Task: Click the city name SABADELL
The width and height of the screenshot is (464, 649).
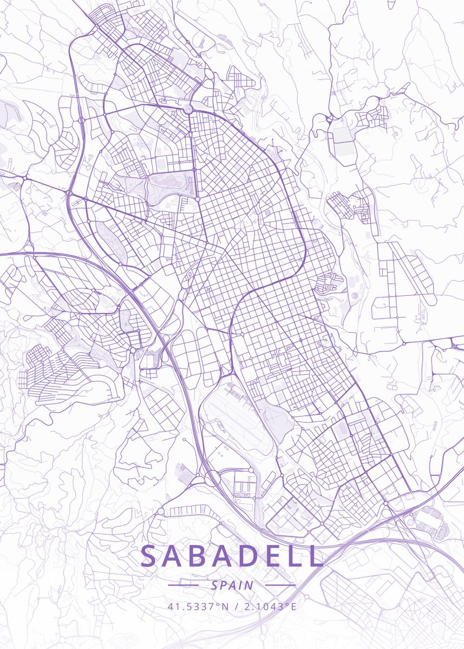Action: click(x=232, y=556)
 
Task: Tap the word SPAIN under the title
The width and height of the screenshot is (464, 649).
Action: click(x=232, y=585)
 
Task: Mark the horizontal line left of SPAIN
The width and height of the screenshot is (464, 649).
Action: click(x=183, y=585)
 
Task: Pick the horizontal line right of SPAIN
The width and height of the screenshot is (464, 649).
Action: click(x=280, y=585)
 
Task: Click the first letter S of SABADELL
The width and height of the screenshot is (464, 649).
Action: click(x=150, y=556)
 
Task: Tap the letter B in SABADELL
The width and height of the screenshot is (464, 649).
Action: click(x=206, y=556)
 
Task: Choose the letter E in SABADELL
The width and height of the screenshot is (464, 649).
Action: click(x=285, y=556)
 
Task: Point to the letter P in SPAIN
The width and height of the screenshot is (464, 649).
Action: click(x=223, y=585)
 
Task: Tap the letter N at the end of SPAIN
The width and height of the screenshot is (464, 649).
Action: click(x=249, y=585)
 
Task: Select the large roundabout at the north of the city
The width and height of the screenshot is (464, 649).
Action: click(x=188, y=110)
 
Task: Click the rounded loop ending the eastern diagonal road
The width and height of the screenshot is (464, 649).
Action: click(x=432, y=299)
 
